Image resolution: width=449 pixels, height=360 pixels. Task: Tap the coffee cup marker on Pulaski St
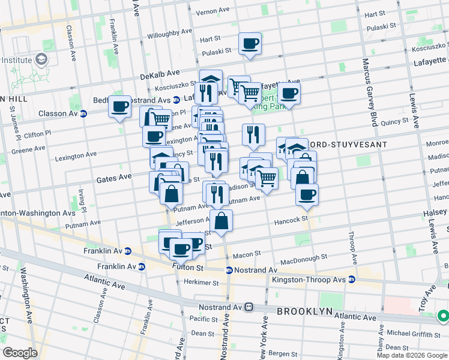point(250,44)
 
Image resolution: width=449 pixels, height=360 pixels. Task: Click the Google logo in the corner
point(19,353)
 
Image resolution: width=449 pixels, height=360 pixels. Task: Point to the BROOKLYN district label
point(304,311)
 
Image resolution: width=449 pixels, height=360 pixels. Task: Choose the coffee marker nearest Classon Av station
point(120,107)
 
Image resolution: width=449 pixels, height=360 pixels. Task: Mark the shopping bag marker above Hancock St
point(221,220)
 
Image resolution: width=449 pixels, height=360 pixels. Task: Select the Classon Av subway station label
point(56,113)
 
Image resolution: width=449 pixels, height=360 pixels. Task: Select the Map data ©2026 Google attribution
point(411,355)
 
